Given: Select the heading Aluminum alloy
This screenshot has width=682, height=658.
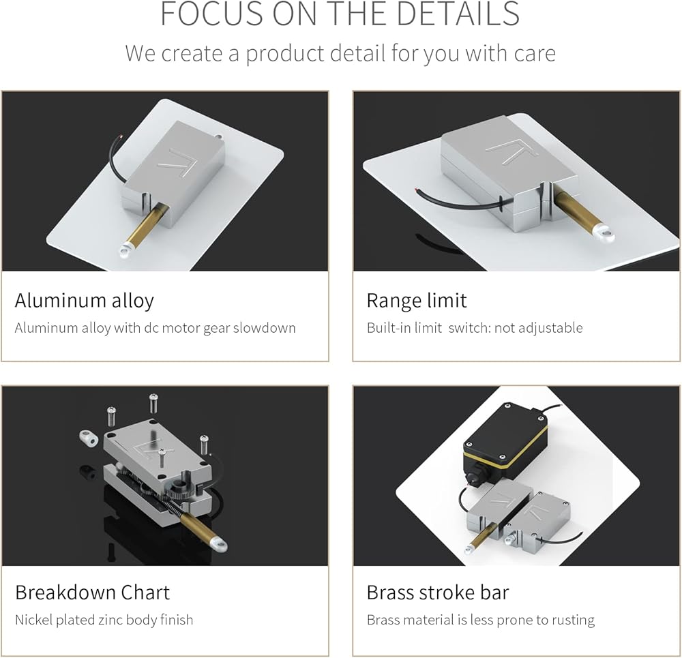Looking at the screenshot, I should coord(85,301).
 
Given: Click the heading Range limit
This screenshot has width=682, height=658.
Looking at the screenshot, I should coord(417,301).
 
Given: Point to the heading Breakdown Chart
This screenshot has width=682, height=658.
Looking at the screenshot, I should coord(92,592).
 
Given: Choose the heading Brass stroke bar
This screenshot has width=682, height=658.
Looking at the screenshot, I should coord(438,592).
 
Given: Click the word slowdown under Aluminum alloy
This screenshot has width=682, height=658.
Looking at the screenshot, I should coord(265,328).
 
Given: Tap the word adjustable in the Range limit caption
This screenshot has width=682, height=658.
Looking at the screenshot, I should coord(549,328).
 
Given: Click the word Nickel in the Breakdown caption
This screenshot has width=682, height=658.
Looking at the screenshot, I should coord(33,620).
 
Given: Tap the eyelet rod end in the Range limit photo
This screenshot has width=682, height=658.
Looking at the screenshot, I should coord(604,235).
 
